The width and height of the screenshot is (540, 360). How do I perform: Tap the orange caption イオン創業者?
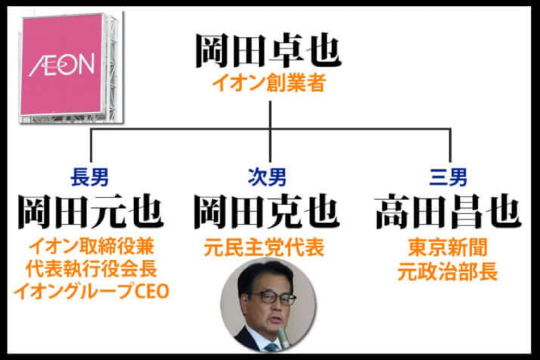click(x=269, y=84)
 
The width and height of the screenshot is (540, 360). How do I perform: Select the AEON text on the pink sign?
click(x=61, y=65)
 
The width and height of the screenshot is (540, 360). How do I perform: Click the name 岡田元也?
click(x=91, y=212)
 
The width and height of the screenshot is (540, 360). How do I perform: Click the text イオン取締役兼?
click(x=91, y=248)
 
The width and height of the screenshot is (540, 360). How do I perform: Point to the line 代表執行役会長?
click(x=91, y=269)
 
